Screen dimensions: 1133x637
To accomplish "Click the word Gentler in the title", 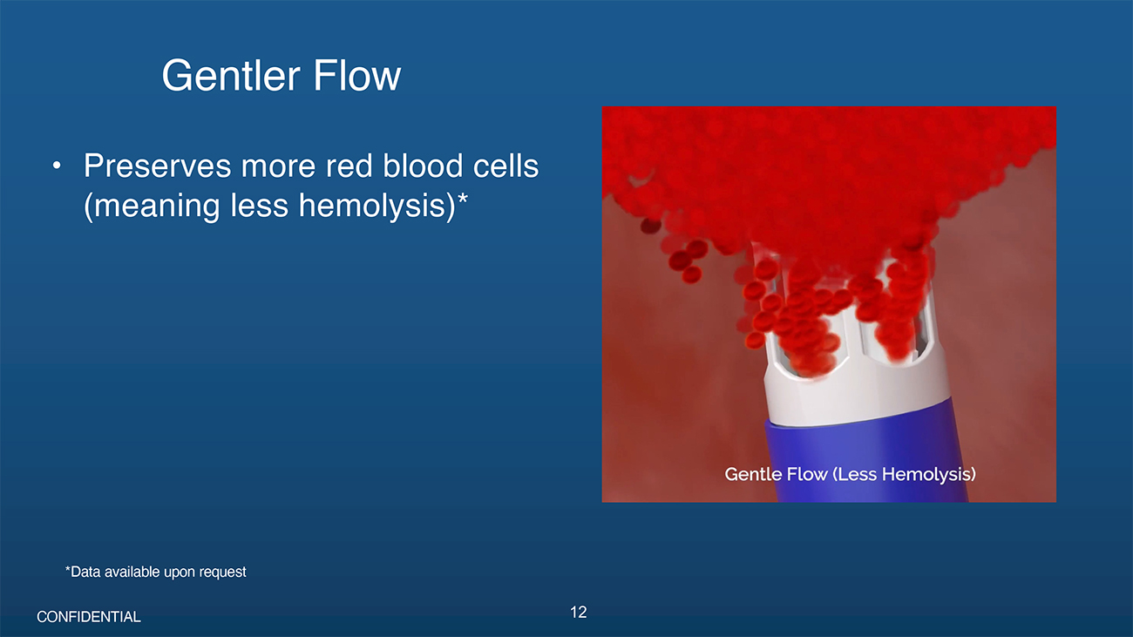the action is click(x=230, y=76).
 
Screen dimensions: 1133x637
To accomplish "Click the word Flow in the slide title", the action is click(x=357, y=76).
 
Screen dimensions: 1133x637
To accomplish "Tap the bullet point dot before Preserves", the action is click(x=57, y=166).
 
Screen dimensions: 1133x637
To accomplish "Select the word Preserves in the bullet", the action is click(x=157, y=166).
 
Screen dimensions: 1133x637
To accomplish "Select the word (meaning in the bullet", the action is click(x=152, y=206).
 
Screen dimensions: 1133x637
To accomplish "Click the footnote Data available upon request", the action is click(x=156, y=572).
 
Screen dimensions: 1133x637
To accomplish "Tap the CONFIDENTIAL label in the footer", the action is click(x=89, y=617).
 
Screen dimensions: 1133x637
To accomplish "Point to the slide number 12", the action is click(x=578, y=613).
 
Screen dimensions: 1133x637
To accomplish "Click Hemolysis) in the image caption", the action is click(x=929, y=474).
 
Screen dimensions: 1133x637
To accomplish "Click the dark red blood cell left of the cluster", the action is click(x=650, y=226).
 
